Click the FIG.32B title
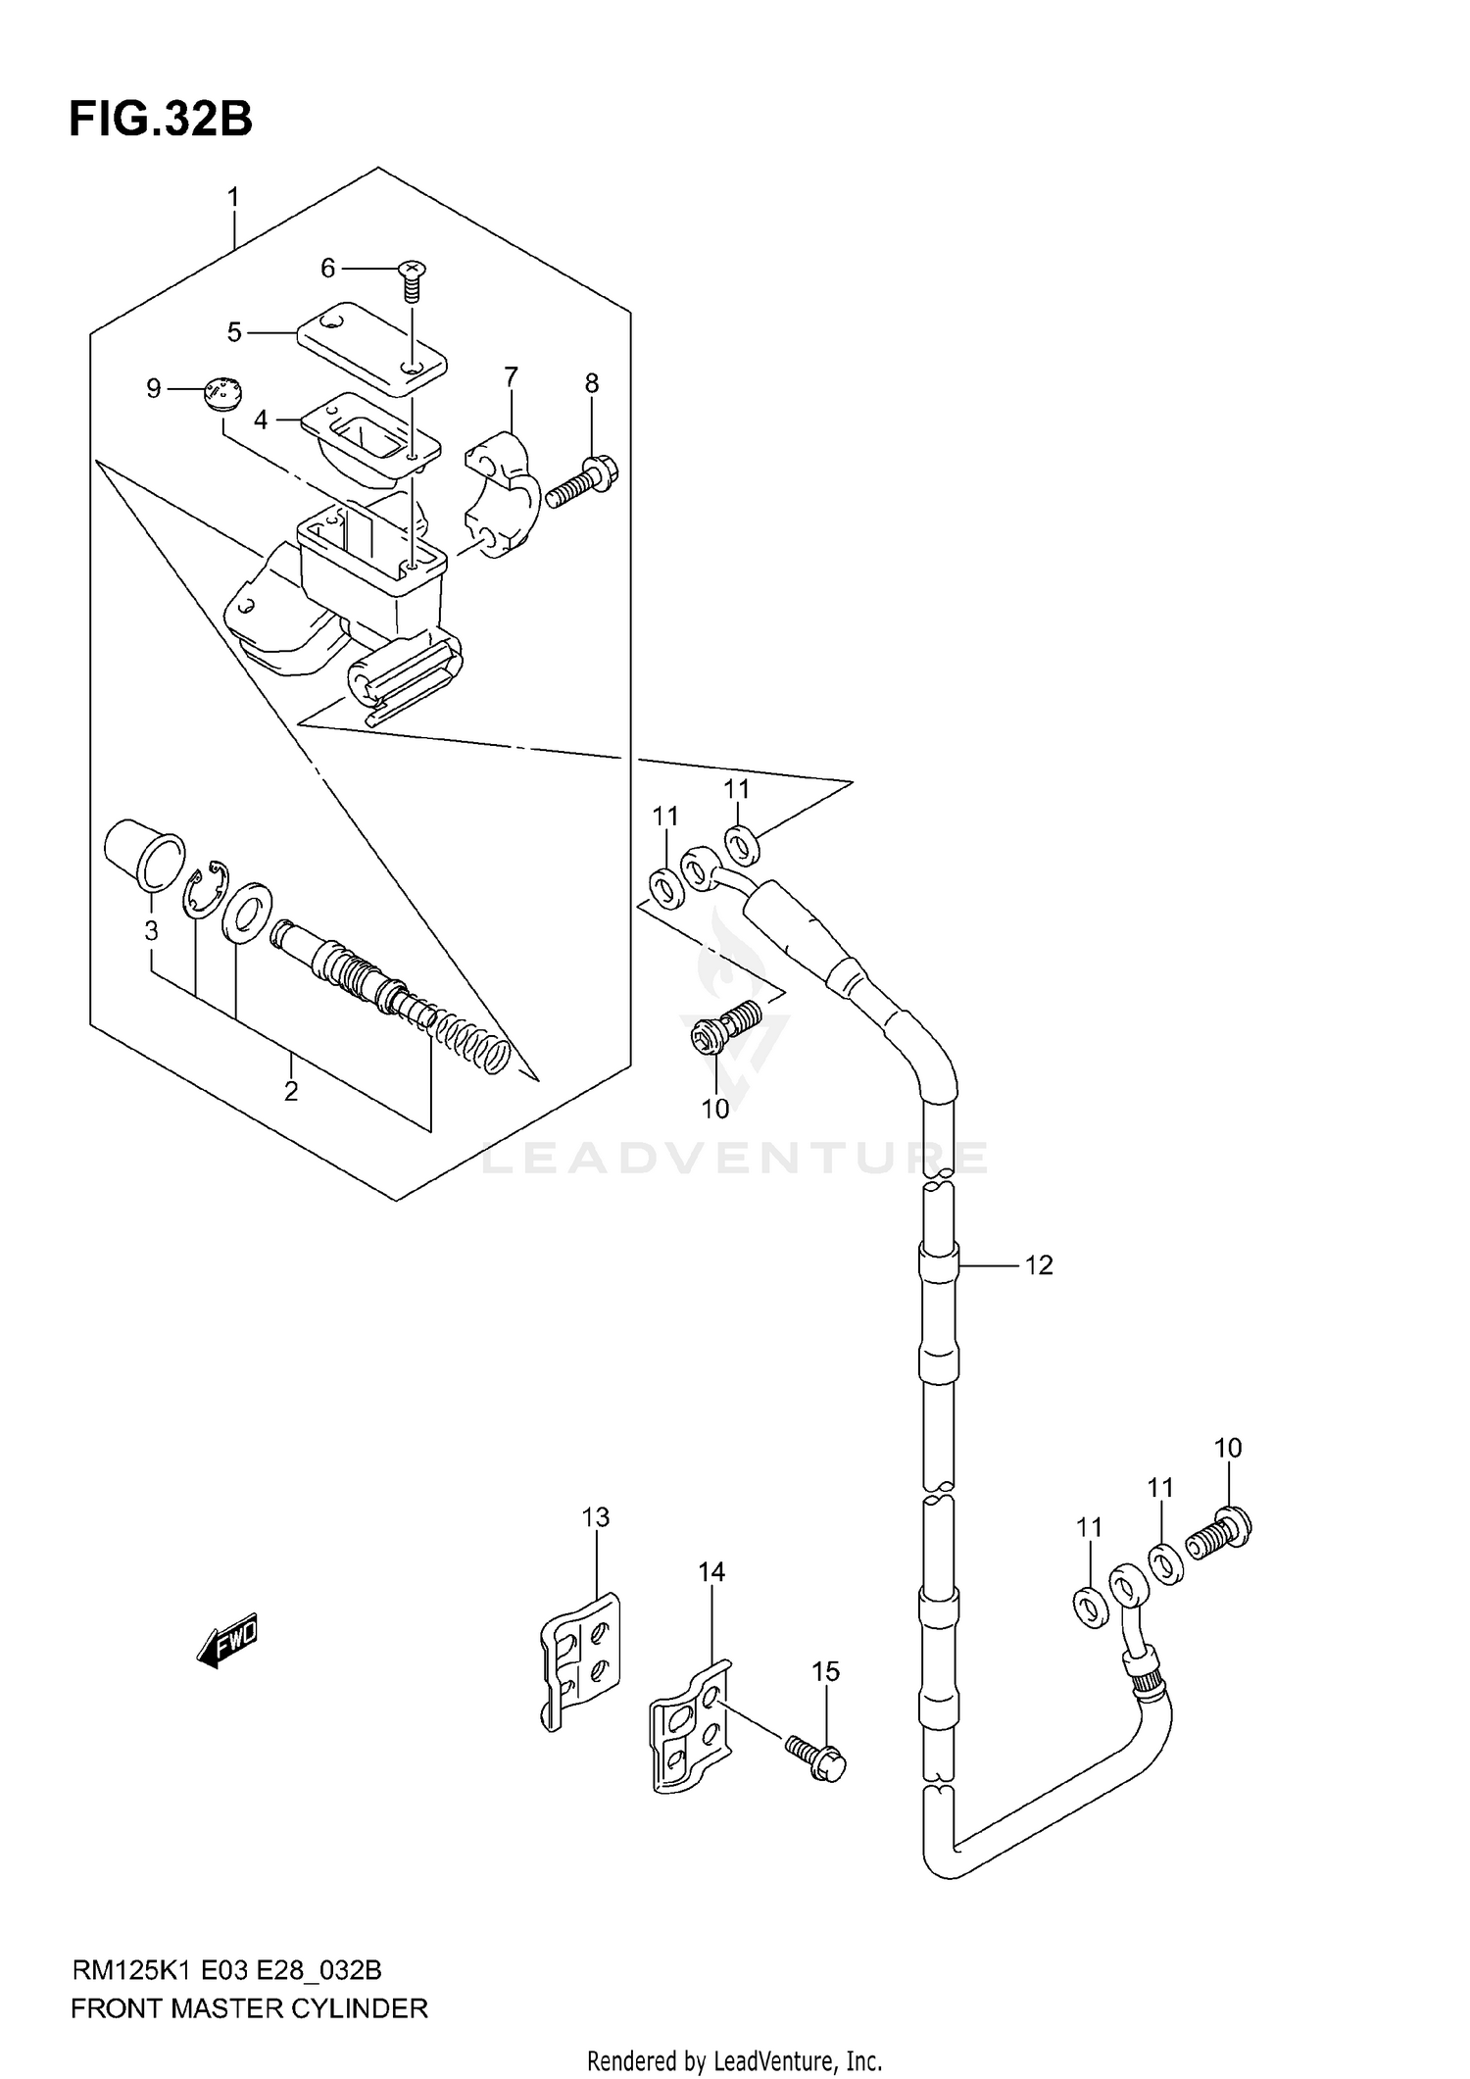(160, 119)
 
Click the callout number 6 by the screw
(328, 268)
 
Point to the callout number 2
(291, 1090)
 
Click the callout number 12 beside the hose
(1039, 1265)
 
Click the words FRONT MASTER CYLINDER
(249, 2008)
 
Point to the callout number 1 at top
(233, 198)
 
